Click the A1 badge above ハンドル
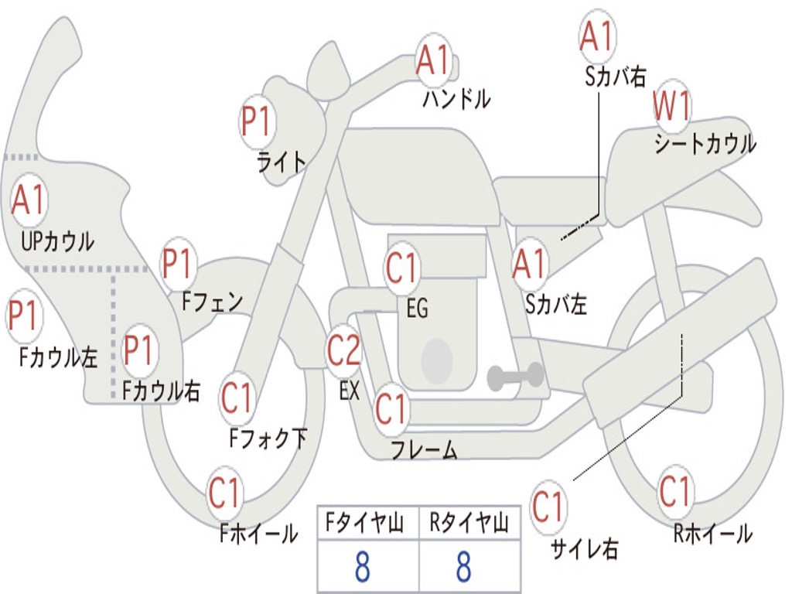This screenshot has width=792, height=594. coord(434,60)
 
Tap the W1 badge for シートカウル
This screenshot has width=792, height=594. coord(672,108)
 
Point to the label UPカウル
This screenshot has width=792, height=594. coord(57,241)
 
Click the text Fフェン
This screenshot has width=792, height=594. coord(213,302)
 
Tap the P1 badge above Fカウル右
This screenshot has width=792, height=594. coord(140,350)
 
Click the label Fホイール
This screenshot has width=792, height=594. coord(258,533)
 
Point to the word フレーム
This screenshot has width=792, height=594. coord(424,450)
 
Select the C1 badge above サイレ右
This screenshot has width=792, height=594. coord(548,507)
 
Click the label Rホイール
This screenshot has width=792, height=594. coord(712,533)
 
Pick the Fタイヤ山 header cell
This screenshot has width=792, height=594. coord(367,524)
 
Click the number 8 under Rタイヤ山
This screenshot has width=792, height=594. coord(463,567)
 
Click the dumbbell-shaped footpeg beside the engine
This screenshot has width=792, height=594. coord(516,377)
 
